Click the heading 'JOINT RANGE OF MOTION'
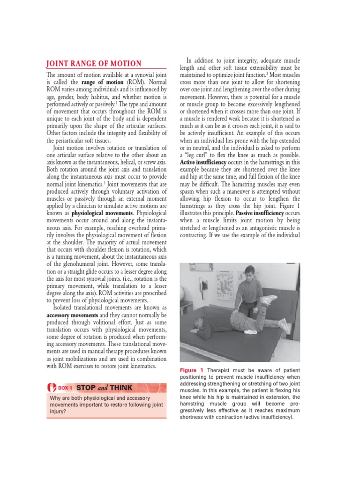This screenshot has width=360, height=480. pos(93,64)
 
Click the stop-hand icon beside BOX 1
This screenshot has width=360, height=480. pos(51,388)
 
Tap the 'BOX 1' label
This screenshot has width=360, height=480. pos(65,388)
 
